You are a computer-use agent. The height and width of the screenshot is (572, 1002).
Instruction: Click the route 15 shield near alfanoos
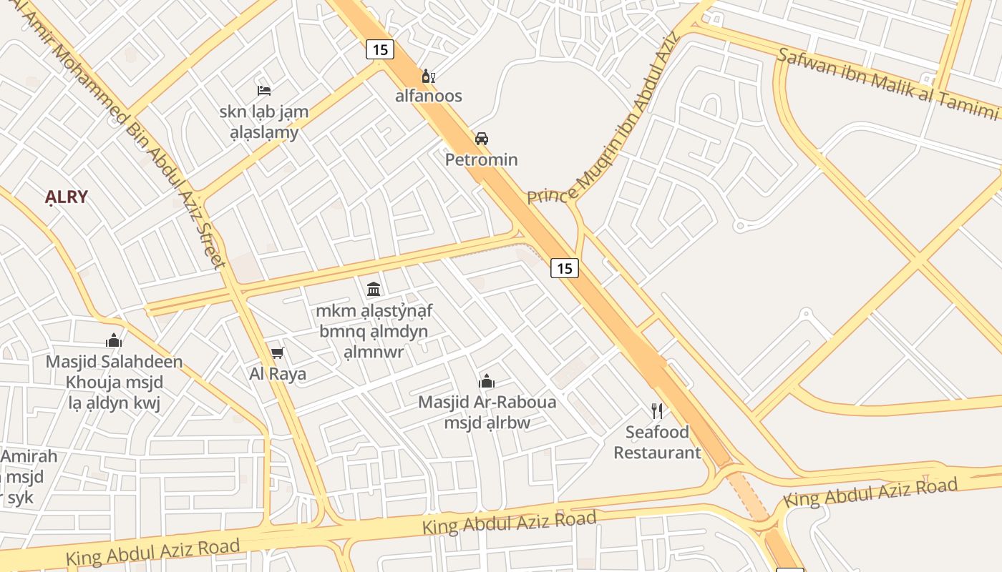pos(379,49)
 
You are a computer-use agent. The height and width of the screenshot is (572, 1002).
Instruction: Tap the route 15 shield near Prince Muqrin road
pos(565,268)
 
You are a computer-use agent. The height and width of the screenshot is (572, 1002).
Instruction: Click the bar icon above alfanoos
pos(428,77)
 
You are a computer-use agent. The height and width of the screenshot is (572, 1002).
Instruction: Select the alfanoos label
pos(429,96)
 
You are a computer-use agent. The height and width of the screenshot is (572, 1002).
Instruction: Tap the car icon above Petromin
pos(482,138)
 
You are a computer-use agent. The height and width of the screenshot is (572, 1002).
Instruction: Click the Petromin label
pos(481,159)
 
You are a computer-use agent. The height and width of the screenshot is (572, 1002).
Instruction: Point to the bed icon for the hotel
pos(264,91)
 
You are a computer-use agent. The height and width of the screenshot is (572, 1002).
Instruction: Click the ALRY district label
pos(66,197)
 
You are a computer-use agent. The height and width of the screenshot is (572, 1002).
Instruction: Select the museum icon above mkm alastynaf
pos(374,290)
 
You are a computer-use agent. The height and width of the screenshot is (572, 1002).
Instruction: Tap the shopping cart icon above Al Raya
pos(277,352)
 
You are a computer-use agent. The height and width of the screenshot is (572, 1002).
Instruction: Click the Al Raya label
pos(278,373)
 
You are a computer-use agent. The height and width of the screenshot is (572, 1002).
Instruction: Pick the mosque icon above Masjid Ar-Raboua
pos(487,381)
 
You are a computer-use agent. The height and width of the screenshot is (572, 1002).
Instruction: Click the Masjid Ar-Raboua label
pos(487,402)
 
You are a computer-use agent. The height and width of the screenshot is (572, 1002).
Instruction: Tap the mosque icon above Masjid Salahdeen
pos(114,340)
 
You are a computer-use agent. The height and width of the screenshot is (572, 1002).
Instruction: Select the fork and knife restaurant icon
pos(657,410)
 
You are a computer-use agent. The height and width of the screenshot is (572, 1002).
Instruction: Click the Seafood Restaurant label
pos(657,442)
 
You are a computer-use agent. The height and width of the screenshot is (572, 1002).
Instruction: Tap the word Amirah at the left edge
pos(29,456)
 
